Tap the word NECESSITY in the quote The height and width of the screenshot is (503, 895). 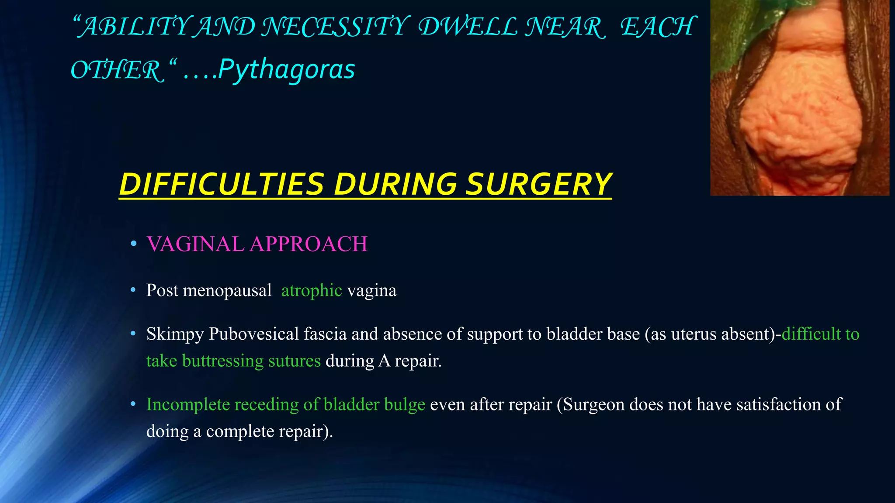[336, 27]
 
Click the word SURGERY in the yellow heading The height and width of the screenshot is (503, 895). [538, 184]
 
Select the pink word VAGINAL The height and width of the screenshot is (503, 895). [195, 244]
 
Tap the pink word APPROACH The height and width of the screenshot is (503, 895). [309, 244]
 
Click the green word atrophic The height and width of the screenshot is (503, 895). [311, 291]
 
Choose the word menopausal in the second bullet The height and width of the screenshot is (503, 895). [227, 291]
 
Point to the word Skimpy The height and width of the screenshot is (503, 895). [175, 334]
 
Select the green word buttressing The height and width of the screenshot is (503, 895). [222, 361]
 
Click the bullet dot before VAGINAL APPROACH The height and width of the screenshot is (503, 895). [134, 244]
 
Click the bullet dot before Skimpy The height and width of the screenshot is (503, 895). [134, 334]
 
